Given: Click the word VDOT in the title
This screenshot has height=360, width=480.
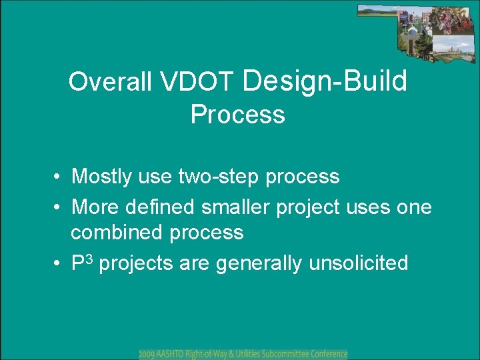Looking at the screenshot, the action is [x=195, y=81].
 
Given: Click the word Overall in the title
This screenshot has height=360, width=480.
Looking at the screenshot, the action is [x=110, y=81].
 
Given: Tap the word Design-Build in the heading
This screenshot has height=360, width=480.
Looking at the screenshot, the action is [x=325, y=82].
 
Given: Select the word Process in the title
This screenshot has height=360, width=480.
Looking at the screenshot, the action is [x=238, y=114].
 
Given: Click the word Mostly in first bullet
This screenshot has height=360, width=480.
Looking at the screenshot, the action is [x=101, y=177].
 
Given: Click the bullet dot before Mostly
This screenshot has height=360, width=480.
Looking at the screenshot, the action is [x=56, y=177].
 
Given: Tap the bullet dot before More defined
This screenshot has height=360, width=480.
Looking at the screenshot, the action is [x=56, y=207].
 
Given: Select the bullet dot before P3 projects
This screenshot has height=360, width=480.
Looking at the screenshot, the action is [x=56, y=263].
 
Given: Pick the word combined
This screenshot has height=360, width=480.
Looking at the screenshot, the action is [x=116, y=231].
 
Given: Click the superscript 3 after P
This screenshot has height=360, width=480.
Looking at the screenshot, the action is [x=89, y=259].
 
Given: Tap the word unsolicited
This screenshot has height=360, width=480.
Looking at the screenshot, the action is [x=359, y=263].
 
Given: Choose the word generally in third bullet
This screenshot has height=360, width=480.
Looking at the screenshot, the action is [x=259, y=263].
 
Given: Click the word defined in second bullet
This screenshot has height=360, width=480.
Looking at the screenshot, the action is [x=159, y=207].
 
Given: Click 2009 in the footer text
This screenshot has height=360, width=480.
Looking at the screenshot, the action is [x=147, y=355].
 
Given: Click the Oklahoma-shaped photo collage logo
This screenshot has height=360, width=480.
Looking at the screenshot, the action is [x=416, y=34].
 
